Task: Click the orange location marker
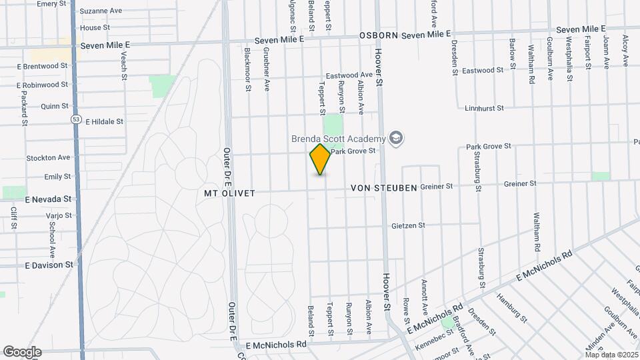coord(321,159)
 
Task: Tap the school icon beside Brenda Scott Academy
coord(397,138)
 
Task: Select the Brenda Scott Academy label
coord(338,139)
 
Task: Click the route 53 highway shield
coord(76,119)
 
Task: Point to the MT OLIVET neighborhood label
coord(229,193)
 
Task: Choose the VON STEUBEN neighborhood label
coord(384,188)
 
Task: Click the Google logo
coord(22,352)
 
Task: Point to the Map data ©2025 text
coord(611,355)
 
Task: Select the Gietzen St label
coord(408,225)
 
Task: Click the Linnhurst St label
coord(484,107)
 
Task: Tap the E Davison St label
coord(49,265)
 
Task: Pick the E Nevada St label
coord(47,199)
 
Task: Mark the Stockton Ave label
coord(48,158)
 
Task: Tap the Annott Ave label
coord(423,296)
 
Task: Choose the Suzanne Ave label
coord(101,11)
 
